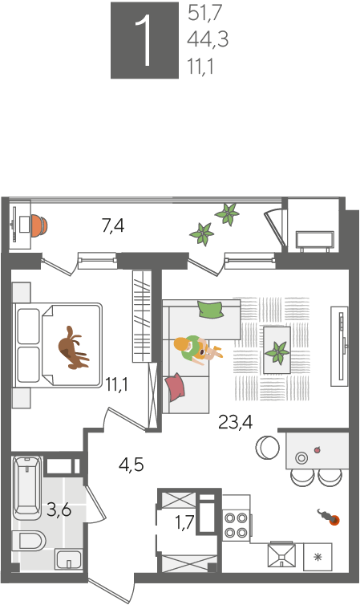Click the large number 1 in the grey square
[x=146, y=41]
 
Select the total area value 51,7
[x=204, y=13]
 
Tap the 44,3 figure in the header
[x=208, y=39]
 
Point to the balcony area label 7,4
[x=113, y=225]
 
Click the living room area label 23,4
[x=235, y=422]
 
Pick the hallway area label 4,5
[x=131, y=465]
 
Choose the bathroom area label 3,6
[x=59, y=510]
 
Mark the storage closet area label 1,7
[x=184, y=524]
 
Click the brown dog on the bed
[x=72, y=347]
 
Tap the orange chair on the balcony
[x=39, y=225]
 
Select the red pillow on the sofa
[x=175, y=387]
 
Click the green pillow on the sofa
[x=210, y=309]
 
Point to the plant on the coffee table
[x=277, y=352]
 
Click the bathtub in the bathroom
[x=27, y=488]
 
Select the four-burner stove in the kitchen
[x=237, y=524]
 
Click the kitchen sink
[x=281, y=555]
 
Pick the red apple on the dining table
[x=318, y=449]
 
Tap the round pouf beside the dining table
[x=267, y=448]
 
